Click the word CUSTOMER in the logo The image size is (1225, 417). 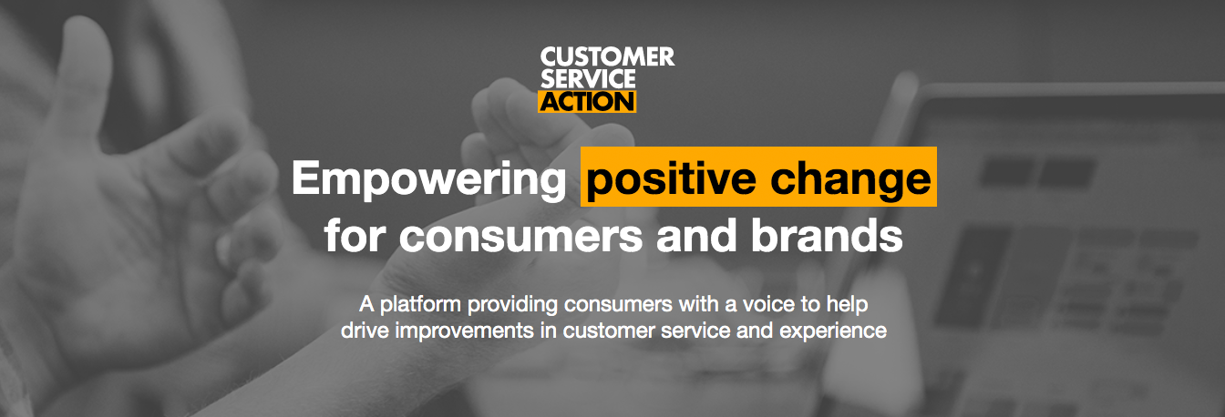tap(606, 57)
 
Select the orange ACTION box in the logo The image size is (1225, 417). tap(586, 100)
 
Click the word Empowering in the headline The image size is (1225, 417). tap(428, 178)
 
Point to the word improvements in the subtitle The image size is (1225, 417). tap(456, 330)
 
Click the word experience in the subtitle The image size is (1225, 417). tap(833, 330)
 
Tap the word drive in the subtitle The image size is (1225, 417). tap(362, 330)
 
